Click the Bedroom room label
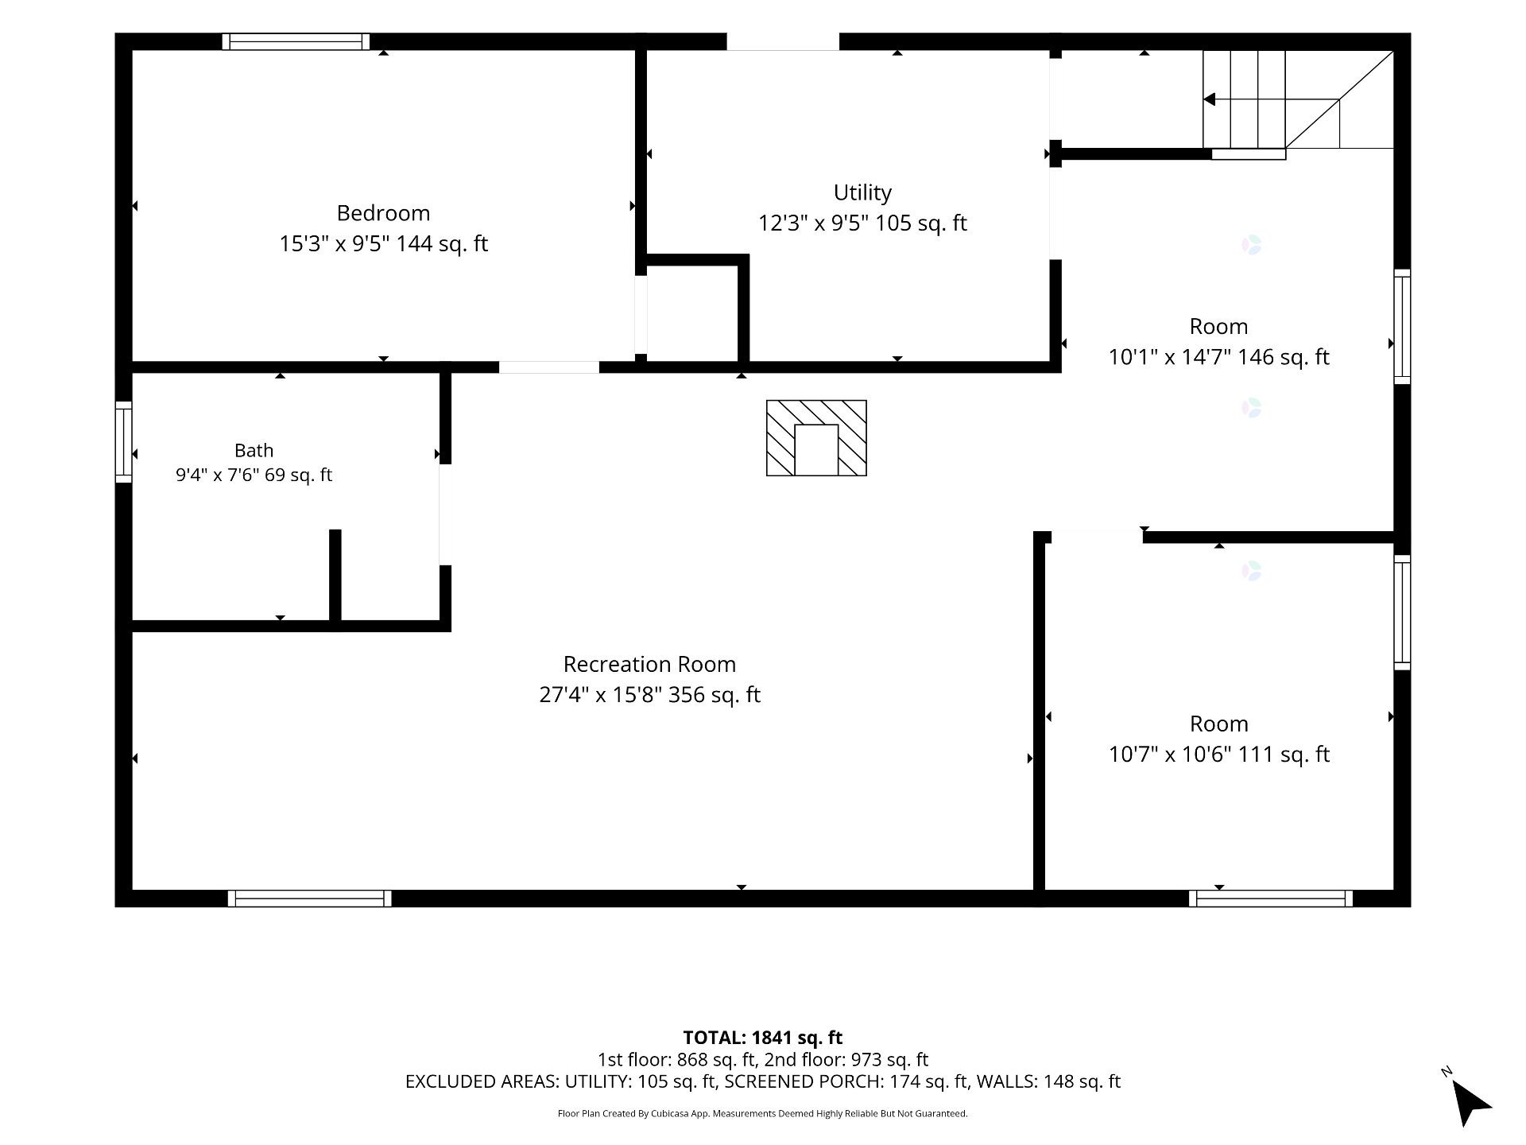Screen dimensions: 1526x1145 point(383,213)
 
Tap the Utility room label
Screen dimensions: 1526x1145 point(862,193)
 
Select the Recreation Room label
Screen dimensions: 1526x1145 point(649,664)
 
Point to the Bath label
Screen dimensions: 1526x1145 point(254,450)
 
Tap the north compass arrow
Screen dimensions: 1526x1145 point(1470,1102)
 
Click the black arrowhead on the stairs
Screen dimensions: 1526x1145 point(1209,99)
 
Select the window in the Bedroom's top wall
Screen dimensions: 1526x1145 point(296,41)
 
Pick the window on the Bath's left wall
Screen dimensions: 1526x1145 point(123,441)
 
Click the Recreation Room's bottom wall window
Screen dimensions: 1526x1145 point(309,899)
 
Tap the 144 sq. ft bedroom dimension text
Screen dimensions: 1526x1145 point(442,243)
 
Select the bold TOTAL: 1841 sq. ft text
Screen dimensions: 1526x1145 point(763,1038)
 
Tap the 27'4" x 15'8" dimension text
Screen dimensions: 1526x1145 point(600,695)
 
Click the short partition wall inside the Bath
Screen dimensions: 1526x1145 point(335,576)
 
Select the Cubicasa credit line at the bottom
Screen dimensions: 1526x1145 point(763,1114)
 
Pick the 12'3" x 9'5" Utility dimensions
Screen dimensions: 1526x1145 point(813,223)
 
